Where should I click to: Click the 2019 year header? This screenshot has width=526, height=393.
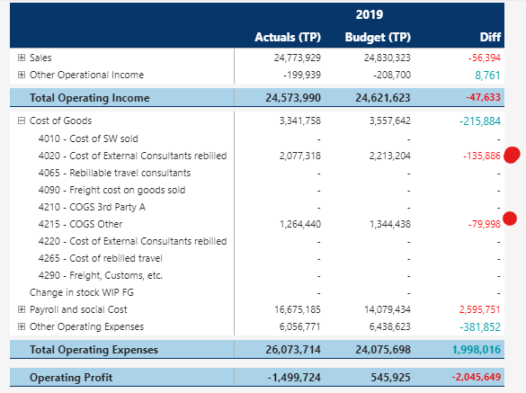(x=368, y=15)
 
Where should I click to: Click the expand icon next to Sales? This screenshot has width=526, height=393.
(x=22, y=58)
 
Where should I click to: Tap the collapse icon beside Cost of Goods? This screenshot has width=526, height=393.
(x=22, y=121)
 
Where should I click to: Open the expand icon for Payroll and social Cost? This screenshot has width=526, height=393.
(x=22, y=309)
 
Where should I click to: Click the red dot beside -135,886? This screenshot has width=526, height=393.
(x=513, y=155)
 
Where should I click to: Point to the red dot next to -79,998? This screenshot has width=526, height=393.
(x=511, y=218)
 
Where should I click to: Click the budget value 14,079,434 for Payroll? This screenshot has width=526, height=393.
(x=384, y=309)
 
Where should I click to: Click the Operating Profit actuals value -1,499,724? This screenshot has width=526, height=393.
(x=291, y=377)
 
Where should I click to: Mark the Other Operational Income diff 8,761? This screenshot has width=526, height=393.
(x=487, y=75)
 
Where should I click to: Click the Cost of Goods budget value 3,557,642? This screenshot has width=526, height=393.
(x=388, y=121)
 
